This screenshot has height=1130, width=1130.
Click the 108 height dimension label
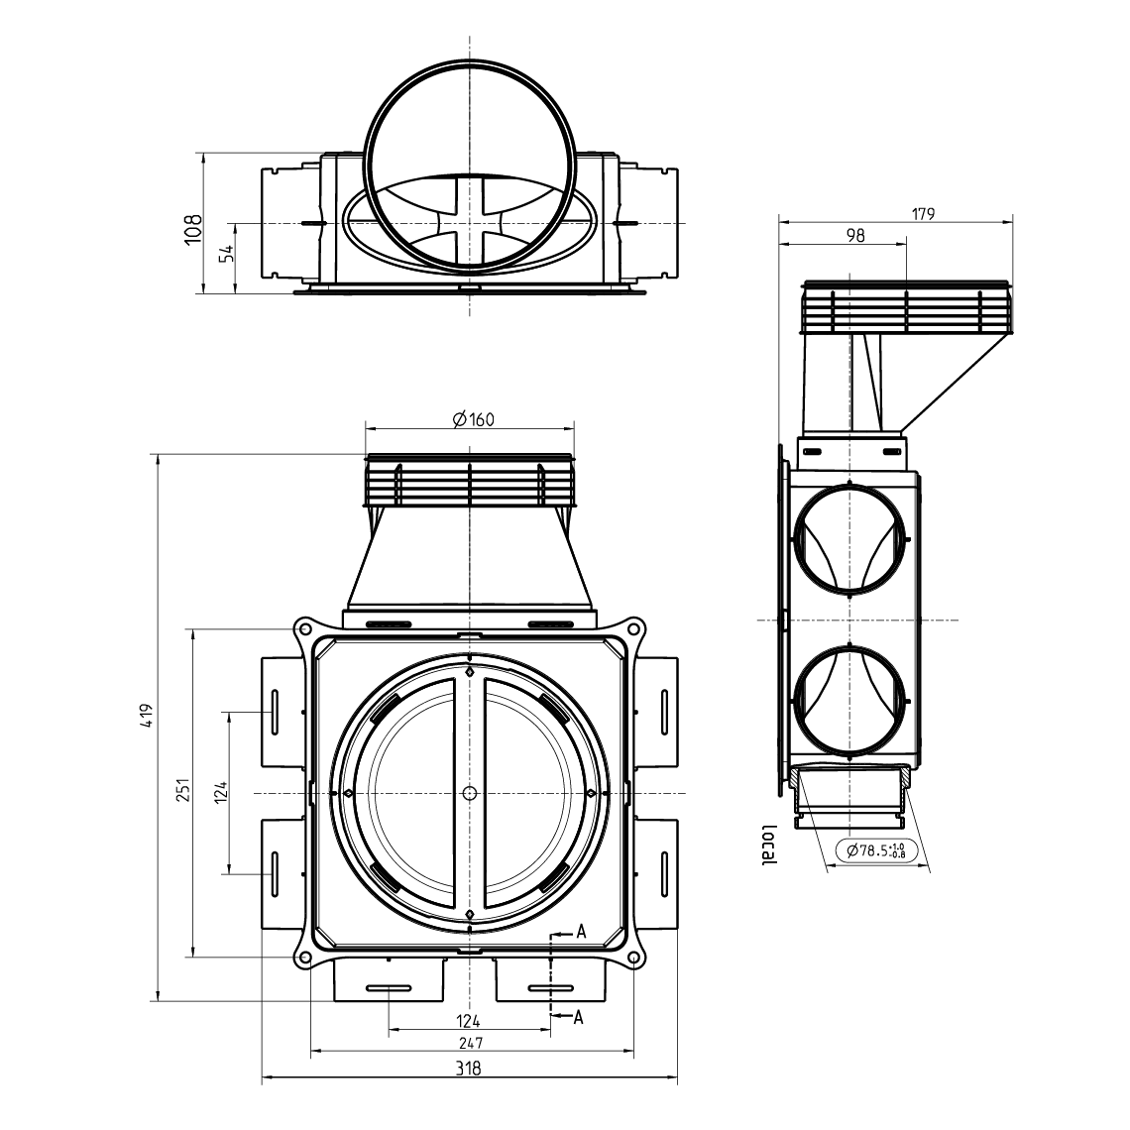pyautogui.click(x=193, y=228)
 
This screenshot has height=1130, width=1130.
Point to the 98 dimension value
pyautogui.click(x=856, y=235)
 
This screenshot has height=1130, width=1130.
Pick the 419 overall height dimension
pyautogui.click(x=148, y=716)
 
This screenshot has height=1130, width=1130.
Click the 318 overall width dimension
pyautogui.click(x=469, y=1069)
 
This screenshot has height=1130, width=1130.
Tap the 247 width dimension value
pyautogui.click(x=470, y=1044)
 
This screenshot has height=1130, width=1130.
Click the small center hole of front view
pyautogui.click(x=469, y=793)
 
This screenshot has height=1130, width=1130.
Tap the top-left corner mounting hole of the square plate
pyautogui.click(x=303, y=629)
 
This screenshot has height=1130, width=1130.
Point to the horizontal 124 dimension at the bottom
pyautogui.click(x=469, y=1020)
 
